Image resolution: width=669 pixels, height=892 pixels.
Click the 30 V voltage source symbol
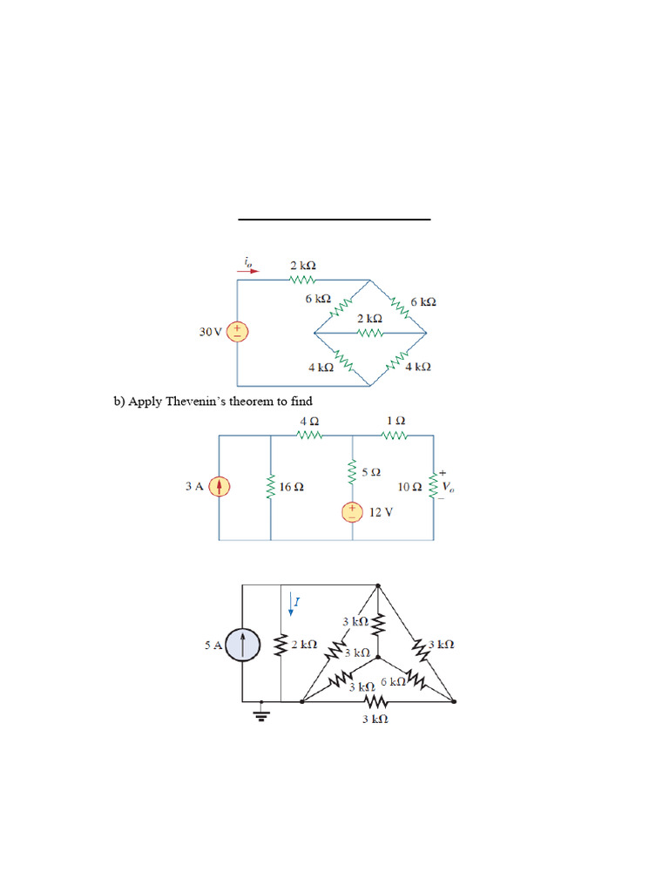(239, 332)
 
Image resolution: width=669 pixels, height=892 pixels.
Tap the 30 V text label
(212, 332)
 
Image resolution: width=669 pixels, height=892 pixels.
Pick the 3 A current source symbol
(220, 487)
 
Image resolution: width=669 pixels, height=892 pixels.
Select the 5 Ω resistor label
(371, 472)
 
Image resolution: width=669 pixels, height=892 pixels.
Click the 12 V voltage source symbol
(353, 511)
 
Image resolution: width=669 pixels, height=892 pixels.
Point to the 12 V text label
(381, 512)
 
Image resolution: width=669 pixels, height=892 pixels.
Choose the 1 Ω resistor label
(395, 421)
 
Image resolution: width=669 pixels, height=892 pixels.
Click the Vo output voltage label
(448, 487)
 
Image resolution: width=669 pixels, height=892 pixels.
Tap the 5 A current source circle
(242, 645)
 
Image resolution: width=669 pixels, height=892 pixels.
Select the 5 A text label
(213, 646)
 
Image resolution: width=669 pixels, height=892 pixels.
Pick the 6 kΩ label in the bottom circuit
(392, 681)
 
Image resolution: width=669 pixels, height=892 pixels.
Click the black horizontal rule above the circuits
(334, 220)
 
